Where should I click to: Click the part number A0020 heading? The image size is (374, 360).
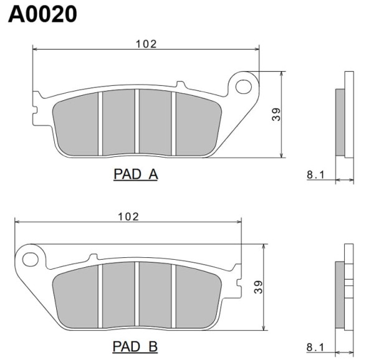click(x=42, y=14)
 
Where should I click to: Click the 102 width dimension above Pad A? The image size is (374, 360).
click(x=146, y=44)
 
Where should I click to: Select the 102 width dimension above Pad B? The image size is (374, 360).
click(x=128, y=217)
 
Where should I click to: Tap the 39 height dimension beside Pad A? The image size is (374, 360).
click(x=276, y=115)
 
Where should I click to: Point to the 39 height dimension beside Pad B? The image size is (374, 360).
click(x=258, y=287)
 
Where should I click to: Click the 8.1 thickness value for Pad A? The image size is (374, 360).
click(x=315, y=175)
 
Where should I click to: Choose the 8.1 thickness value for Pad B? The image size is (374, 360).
click(x=315, y=348)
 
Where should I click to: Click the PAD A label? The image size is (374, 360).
click(x=135, y=174)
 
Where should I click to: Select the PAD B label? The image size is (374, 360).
click(x=135, y=346)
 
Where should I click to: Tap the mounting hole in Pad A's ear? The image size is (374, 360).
click(x=244, y=87)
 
